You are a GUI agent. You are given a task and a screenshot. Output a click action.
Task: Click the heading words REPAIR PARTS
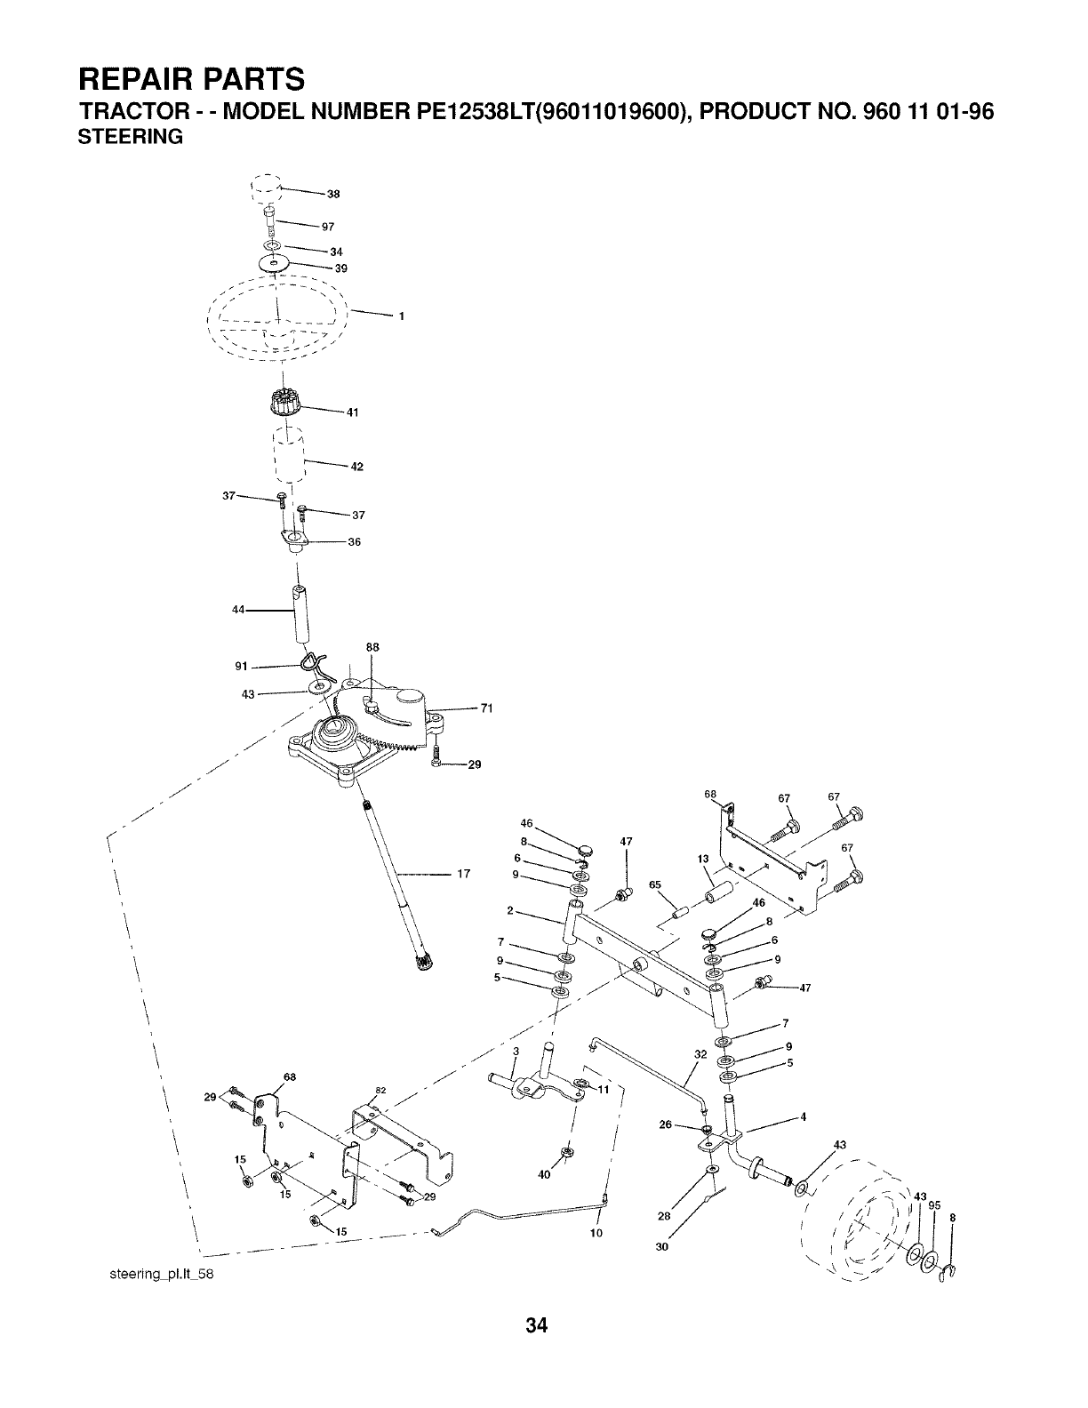191,79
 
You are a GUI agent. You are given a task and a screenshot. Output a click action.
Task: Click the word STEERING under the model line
132,138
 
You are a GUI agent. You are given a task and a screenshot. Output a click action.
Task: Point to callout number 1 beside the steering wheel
402,316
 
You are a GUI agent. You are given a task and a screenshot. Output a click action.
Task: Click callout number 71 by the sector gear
486,708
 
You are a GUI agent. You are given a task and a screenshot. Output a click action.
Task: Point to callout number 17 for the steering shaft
463,874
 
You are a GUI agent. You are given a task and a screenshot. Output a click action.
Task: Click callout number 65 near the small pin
655,884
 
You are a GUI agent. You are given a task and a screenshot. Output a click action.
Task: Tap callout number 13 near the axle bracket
702,859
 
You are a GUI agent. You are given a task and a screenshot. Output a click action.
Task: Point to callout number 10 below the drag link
596,1233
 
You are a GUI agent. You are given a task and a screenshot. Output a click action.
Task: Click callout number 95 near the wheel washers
934,1205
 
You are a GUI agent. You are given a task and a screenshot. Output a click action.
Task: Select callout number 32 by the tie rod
700,1054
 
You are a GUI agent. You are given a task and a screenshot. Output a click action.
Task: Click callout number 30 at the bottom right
661,1248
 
